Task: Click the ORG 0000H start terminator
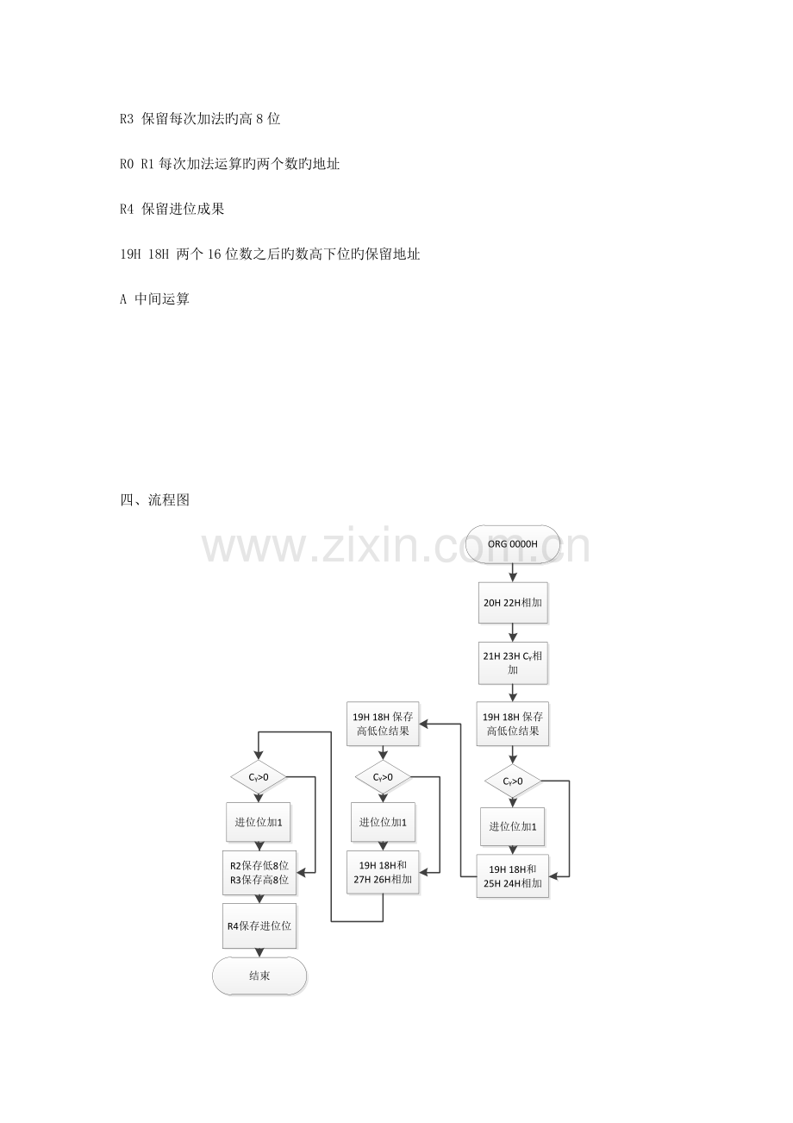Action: pyautogui.click(x=513, y=544)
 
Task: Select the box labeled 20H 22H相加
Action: pyautogui.click(x=513, y=603)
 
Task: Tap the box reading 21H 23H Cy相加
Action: pyautogui.click(x=513, y=662)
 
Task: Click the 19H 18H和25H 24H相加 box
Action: pyautogui.click(x=513, y=875)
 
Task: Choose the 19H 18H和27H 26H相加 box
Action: pyautogui.click(x=383, y=872)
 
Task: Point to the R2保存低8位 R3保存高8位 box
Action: pyautogui.click(x=259, y=872)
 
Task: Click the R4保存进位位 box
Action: pyautogui.click(x=259, y=926)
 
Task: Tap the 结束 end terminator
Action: pyautogui.click(x=259, y=976)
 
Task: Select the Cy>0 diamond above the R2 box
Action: pyautogui.click(x=259, y=777)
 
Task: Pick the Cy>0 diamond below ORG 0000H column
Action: pyautogui.click(x=513, y=781)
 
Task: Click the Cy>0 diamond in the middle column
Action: pyautogui.click(x=383, y=777)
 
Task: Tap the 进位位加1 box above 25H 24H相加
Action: pyautogui.click(x=513, y=826)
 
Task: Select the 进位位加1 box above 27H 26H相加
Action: pyautogui.click(x=383, y=822)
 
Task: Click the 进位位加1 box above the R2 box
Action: pyautogui.click(x=259, y=822)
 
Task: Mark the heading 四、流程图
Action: pyautogui.click(x=155, y=500)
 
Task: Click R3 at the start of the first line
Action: pyautogui.click(x=127, y=119)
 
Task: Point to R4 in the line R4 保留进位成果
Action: pyautogui.click(x=127, y=209)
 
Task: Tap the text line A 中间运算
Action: pyautogui.click(x=155, y=299)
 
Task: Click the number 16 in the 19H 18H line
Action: pyautogui.click(x=214, y=254)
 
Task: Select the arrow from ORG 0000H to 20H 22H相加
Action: pyautogui.click(x=513, y=573)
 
